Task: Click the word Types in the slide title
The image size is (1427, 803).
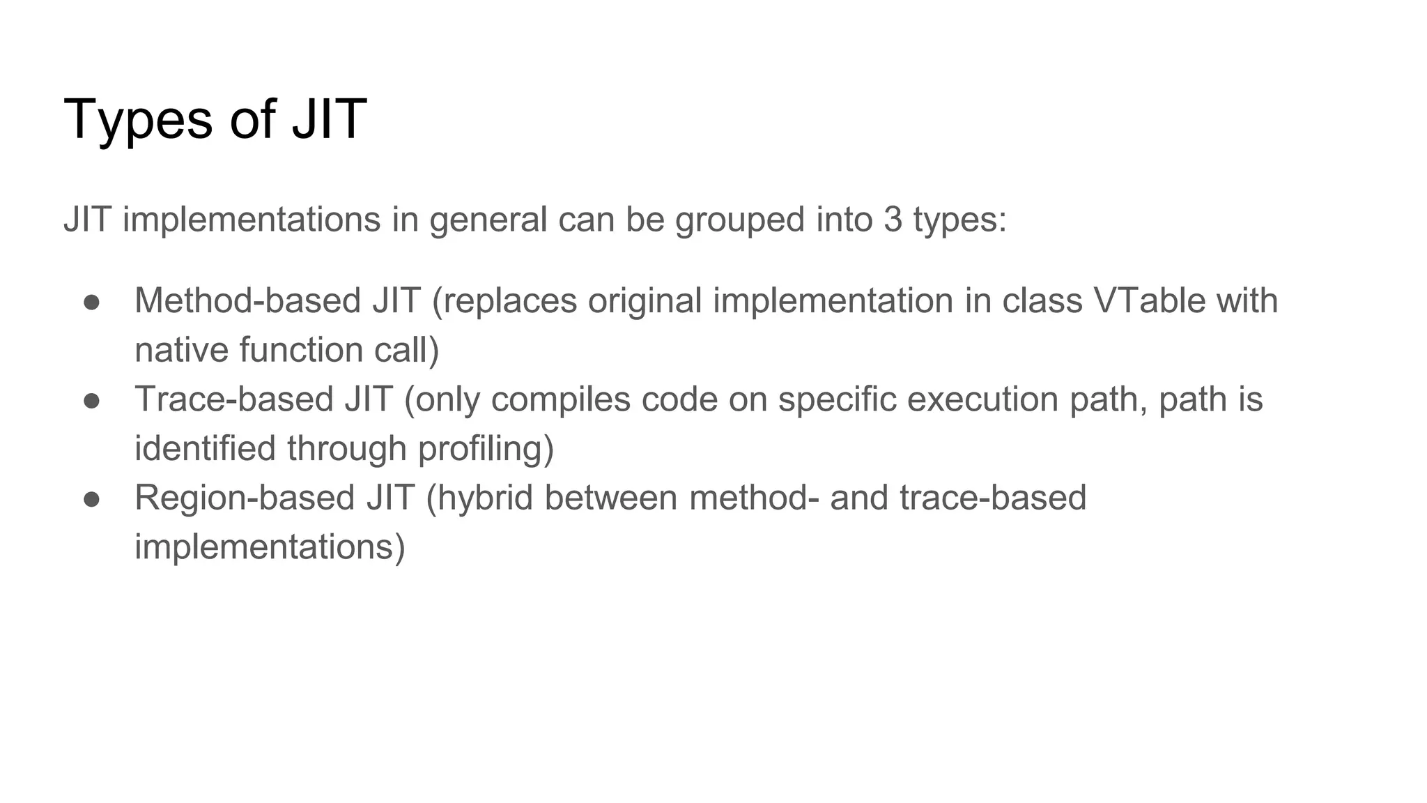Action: tap(137, 120)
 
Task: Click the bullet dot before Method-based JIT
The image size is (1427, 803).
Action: tap(92, 302)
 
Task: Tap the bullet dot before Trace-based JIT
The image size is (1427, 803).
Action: tap(92, 400)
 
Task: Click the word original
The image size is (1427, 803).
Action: tap(645, 302)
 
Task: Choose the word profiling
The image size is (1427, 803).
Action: tap(485, 449)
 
